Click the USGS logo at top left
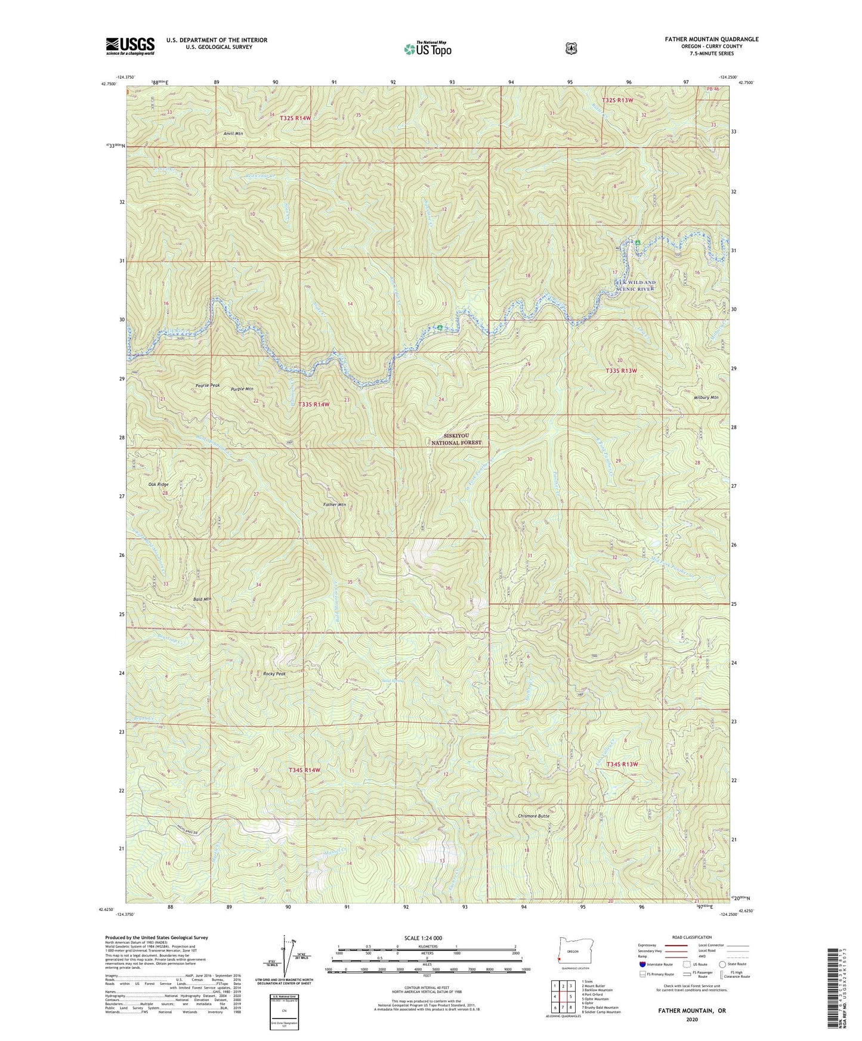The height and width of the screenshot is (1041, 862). tap(130, 46)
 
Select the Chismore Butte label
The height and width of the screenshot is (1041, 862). tap(534, 816)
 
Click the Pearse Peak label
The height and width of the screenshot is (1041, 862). tap(208, 385)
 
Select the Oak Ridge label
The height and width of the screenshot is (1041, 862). tap(158, 485)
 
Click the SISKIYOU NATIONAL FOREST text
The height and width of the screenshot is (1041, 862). tap(456, 439)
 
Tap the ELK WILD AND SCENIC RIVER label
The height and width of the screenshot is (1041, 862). tap(635, 285)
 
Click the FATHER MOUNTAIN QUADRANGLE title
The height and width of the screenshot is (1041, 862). tap(707, 39)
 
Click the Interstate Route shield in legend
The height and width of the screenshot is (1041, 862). tap(642, 963)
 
